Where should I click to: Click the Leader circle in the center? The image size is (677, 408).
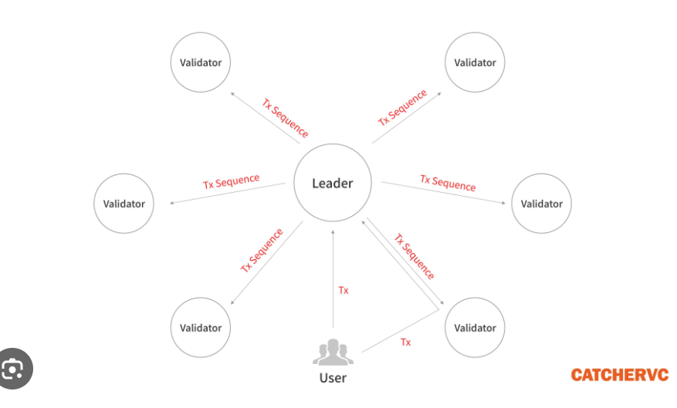[333, 184]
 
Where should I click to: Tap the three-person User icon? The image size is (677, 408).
[333, 352]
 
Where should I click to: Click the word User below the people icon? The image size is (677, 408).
[333, 378]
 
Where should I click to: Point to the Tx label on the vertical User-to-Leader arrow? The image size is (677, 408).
[344, 291]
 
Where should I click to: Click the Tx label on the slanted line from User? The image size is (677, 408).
[405, 342]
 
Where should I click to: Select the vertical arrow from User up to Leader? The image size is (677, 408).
[333, 278]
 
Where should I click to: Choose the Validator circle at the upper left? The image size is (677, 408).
[201, 62]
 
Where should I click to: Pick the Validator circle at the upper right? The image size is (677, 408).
[475, 62]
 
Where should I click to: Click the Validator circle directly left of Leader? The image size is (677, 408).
[124, 204]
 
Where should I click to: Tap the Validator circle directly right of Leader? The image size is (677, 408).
[541, 204]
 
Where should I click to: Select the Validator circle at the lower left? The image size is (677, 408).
[201, 328]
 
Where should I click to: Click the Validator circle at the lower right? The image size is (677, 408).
[475, 328]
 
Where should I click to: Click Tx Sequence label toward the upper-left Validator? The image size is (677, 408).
[285, 117]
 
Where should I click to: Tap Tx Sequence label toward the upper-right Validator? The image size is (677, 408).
[402, 108]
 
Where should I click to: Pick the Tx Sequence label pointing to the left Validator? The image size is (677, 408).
[231, 182]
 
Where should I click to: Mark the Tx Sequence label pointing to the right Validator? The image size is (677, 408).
[448, 183]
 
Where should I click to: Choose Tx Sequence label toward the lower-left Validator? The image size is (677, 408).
[262, 250]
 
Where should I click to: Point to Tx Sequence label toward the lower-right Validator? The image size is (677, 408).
[415, 257]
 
